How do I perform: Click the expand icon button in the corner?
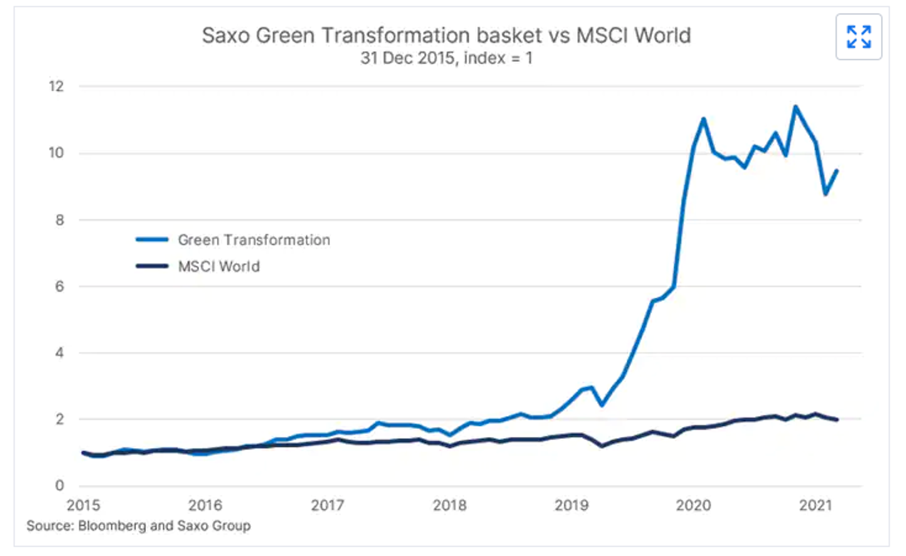pyautogui.click(x=859, y=37)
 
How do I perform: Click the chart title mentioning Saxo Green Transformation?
pyautogui.click(x=446, y=36)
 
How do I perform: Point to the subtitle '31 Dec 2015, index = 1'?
pyautogui.click(x=446, y=59)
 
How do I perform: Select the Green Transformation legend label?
pyautogui.click(x=254, y=240)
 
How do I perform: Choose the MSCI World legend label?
pyautogui.click(x=219, y=267)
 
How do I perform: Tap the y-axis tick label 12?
pyautogui.click(x=57, y=86)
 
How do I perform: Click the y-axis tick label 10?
pyautogui.click(x=57, y=153)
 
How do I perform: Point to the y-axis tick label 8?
pyautogui.click(x=60, y=219)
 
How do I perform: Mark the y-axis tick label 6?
pyautogui.click(x=60, y=286)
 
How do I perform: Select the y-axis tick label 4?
pyautogui.click(x=60, y=353)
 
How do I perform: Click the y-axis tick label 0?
pyautogui.click(x=60, y=485)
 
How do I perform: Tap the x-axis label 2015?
pyautogui.click(x=83, y=505)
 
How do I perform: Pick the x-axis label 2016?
pyautogui.click(x=205, y=505)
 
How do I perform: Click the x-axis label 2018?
pyautogui.click(x=450, y=505)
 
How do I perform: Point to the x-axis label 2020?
pyautogui.click(x=693, y=505)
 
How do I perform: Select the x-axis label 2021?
pyautogui.click(x=816, y=505)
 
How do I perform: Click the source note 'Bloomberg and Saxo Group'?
pyautogui.click(x=139, y=525)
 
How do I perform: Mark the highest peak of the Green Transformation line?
pyautogui.click(x=796, y=107)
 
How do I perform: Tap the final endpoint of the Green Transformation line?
pyautogui.click(x=837, y=170)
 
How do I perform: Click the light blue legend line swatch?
pyautogui.click(x=152, y=239)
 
